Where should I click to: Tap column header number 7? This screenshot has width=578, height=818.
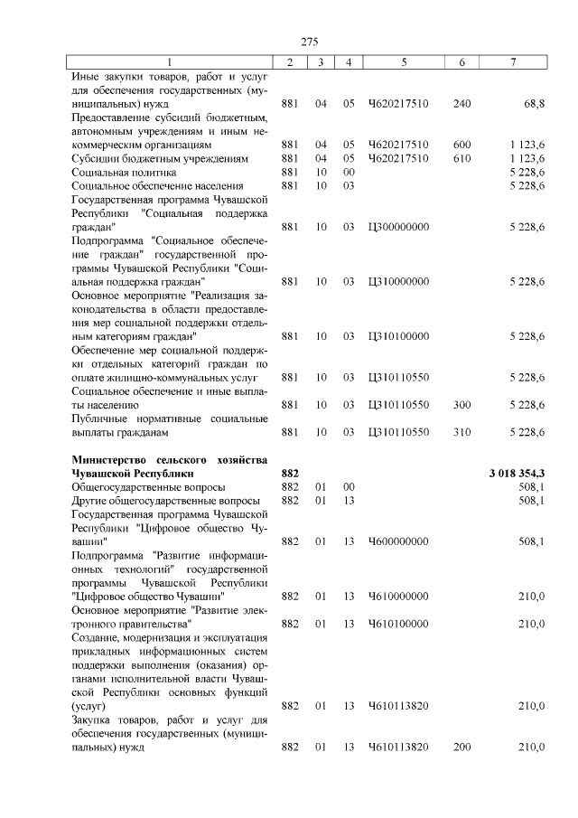pyautogui.click(x=514, y=61)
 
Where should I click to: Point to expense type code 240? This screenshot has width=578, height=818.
pyautogui.click(x=461, y=105)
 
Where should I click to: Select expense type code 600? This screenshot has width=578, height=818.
pyautogui.click(x=461, y=145)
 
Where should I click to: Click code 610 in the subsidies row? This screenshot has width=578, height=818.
pyautogui.click(x=461, y=158)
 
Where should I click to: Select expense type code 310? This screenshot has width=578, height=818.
pyautogui.click(x=461, y=432)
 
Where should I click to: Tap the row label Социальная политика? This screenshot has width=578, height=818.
pyautogui.click(x=124, y=172)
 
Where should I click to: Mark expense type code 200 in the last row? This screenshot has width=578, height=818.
pyautogui.click(x=461, y=747)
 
